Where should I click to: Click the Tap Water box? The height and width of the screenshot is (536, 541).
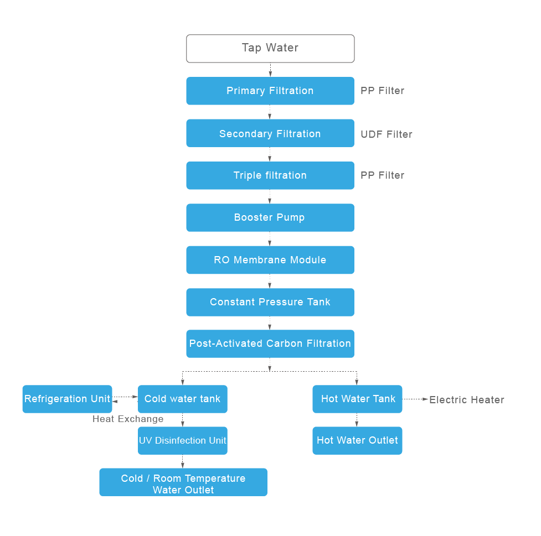pyautogui.click(x=270, y=48)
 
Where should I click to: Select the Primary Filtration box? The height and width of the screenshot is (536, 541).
pyautogui.click(x=270, y=91)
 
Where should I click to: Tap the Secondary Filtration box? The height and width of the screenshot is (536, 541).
pyautogui.click(x=270, y=133)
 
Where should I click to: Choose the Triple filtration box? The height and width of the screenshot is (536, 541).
pyautogui.click(x=270, y=175)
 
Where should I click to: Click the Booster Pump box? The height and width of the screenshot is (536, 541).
pyautogui.click(x=270, y=217)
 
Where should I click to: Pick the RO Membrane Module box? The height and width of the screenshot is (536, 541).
pyautogui.click(x=270, y=260)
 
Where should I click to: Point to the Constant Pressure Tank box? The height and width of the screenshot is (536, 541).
pyautogui.click(x=270, y=302)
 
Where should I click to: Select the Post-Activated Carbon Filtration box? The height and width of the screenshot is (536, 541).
pyautogui.click(x=270, y=344)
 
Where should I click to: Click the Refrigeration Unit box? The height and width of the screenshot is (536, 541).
pyautogui.click(x=67, y=399)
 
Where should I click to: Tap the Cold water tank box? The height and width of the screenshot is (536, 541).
pyautogui.click(x=183, y=399)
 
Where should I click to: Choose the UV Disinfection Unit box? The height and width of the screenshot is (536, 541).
pyautogui.click(x=183, y=441)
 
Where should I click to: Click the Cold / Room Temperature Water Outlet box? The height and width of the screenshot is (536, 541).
pyautogui.click(x=183, y=482)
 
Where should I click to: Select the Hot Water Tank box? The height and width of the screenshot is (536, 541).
pyautogui.click(x=357, y=399)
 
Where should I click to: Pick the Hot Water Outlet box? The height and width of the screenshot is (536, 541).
pyautogui.click(x=357, y=441)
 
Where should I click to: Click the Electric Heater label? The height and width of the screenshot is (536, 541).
pyautogui.click(x=467, y=400)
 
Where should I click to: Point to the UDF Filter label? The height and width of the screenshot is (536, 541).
pyautogui.click(x=387, y=134)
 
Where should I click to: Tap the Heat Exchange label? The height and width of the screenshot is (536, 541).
pyautogui.click(x=128, y=419)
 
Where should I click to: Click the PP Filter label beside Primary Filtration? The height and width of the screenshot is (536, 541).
pyautogui.click(x=382, y=91)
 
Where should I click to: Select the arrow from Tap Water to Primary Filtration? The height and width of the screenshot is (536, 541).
pyautogui.click(x=270, y=70)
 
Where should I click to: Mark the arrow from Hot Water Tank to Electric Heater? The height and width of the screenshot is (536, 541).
pyautogui.click(x=416, y=399)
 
